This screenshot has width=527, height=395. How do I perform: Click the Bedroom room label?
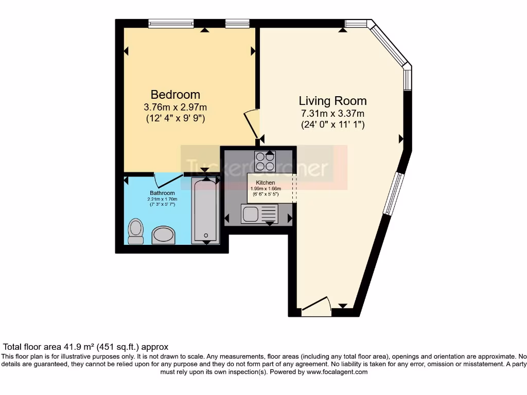[x=175, y=95]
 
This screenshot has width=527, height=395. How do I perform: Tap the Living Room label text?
[x=332, y=100]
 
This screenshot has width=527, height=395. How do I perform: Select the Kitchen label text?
[x=265, y=183]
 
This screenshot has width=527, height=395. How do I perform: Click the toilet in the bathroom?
[x=136, y=231]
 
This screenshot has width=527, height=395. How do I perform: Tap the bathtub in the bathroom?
[x=205, y=210]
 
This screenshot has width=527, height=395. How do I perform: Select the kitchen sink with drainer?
[x=259, y=213]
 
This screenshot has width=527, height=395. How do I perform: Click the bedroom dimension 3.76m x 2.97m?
[x=175, y=107]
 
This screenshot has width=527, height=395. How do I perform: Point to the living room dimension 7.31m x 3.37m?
[x=332, y=113]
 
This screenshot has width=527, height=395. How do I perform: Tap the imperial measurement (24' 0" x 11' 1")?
[x=332, y=124]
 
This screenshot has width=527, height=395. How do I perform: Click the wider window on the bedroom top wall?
[x=171, y=23]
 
